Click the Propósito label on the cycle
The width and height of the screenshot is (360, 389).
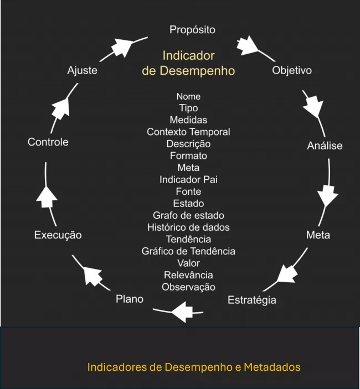tap(192, 29)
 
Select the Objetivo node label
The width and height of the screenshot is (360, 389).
tap(292, 70)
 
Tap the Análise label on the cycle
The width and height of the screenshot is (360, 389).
tap(325, 146)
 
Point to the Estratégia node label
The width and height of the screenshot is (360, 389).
tap(252, 300)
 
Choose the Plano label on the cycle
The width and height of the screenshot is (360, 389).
tap(130, 299)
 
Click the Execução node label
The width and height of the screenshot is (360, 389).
tap(58, 235)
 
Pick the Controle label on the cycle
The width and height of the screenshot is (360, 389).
tap(48, 142)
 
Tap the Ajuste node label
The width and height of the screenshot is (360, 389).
tap(82, 70)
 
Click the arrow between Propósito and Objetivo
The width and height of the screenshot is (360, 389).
tap(248, 45)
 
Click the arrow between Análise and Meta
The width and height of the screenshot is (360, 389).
tap(327, 195)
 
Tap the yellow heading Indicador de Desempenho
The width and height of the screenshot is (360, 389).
tap(188, 63)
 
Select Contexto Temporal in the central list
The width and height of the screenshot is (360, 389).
tap(188, 132)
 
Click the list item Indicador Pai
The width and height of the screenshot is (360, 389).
tap(188, 179)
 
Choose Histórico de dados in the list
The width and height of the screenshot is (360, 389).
tap(188, 227)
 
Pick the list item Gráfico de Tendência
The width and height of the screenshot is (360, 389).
tap(188, 251)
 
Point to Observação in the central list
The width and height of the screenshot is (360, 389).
tap(188, 287)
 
